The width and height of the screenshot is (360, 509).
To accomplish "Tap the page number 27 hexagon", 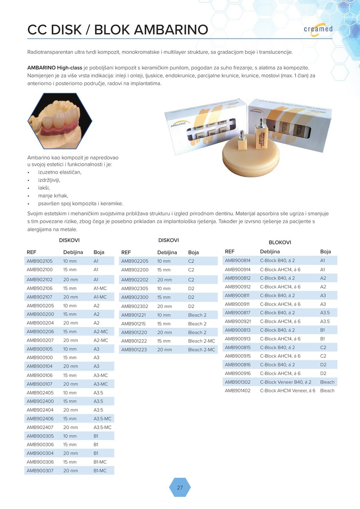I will click(x=180, y=487).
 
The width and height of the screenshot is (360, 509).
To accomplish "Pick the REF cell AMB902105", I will click(x=40, y=261).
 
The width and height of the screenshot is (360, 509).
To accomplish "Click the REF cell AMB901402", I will click(x=238, y=391).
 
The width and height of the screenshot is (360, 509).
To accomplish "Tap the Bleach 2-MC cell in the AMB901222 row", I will click(x=201, y=341).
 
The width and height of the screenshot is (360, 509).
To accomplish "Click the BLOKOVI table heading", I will click(x=280, y=242).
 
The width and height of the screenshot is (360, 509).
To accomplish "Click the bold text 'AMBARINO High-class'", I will click(x=55, y=68).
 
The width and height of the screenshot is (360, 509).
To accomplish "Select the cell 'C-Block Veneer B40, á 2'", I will click(x=285, y=382).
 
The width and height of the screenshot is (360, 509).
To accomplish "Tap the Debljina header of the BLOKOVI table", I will click(x=270, y=252).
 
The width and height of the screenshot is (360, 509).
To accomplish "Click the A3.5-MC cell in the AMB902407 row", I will click(x=102, y=428).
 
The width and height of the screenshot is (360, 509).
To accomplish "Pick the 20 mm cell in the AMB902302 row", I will click(x=165, y=306).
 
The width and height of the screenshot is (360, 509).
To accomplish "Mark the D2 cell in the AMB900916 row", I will click(x=323, y=373).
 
